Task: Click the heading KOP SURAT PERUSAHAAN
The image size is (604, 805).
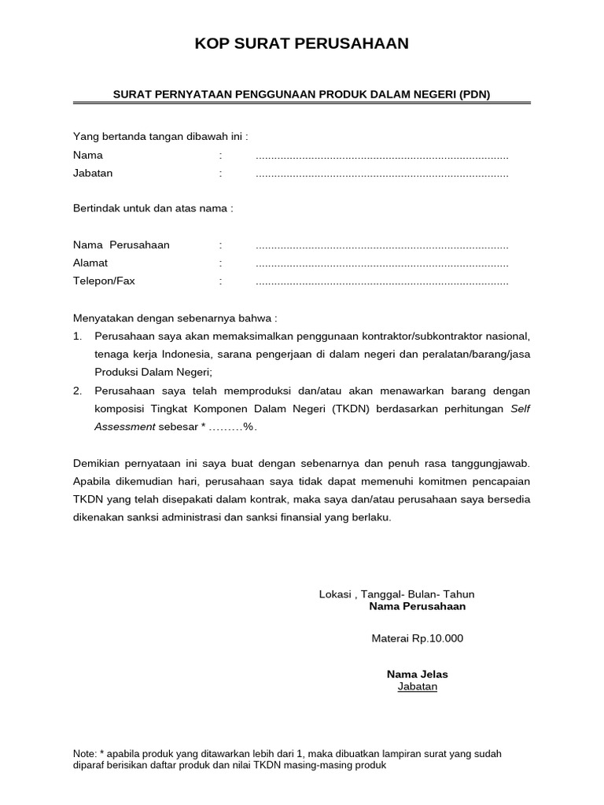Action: (x=302, y=44)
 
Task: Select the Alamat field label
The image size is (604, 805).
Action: (x=90, y=263)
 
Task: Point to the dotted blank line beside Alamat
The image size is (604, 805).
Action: (x=382, y=264)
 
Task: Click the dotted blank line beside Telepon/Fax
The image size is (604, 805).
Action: (x=382, y=282)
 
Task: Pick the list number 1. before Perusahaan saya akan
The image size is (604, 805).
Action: (x=78, y=336)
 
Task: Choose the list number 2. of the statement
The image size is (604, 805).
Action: (x=78, y=391)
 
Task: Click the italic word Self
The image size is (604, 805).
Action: (x=521, y=409)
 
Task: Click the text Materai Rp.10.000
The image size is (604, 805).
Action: (x=417, y=638)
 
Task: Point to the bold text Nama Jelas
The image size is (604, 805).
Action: (x=417, y=675)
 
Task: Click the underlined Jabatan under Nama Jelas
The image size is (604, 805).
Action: (x=417, y=686)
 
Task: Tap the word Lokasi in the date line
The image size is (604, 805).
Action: (x=335, y=594)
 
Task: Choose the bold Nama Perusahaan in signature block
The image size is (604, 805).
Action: (x=417, y=606)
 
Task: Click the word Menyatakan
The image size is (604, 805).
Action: (x=103, y=318)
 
